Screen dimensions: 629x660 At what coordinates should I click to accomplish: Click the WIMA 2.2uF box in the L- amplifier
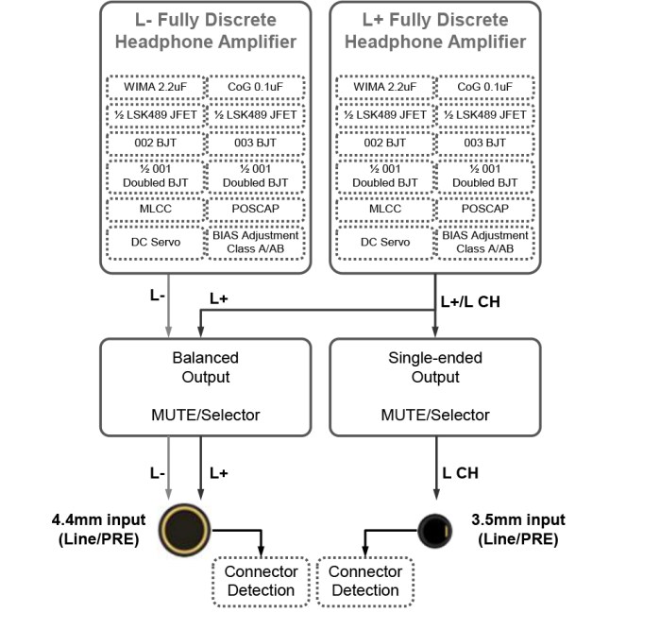point(155,88)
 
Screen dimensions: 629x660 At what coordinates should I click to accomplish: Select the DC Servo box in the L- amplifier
point(155,241)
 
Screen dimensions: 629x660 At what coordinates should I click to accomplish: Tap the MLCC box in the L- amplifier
point(155,209)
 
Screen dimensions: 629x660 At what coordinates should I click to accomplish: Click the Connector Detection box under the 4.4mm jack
point(260,581)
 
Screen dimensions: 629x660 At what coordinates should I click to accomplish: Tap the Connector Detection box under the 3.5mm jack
point(365,581)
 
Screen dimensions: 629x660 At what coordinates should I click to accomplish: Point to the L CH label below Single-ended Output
point(462,471)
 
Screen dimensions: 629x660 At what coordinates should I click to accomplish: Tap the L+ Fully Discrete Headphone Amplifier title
point(435,29)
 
